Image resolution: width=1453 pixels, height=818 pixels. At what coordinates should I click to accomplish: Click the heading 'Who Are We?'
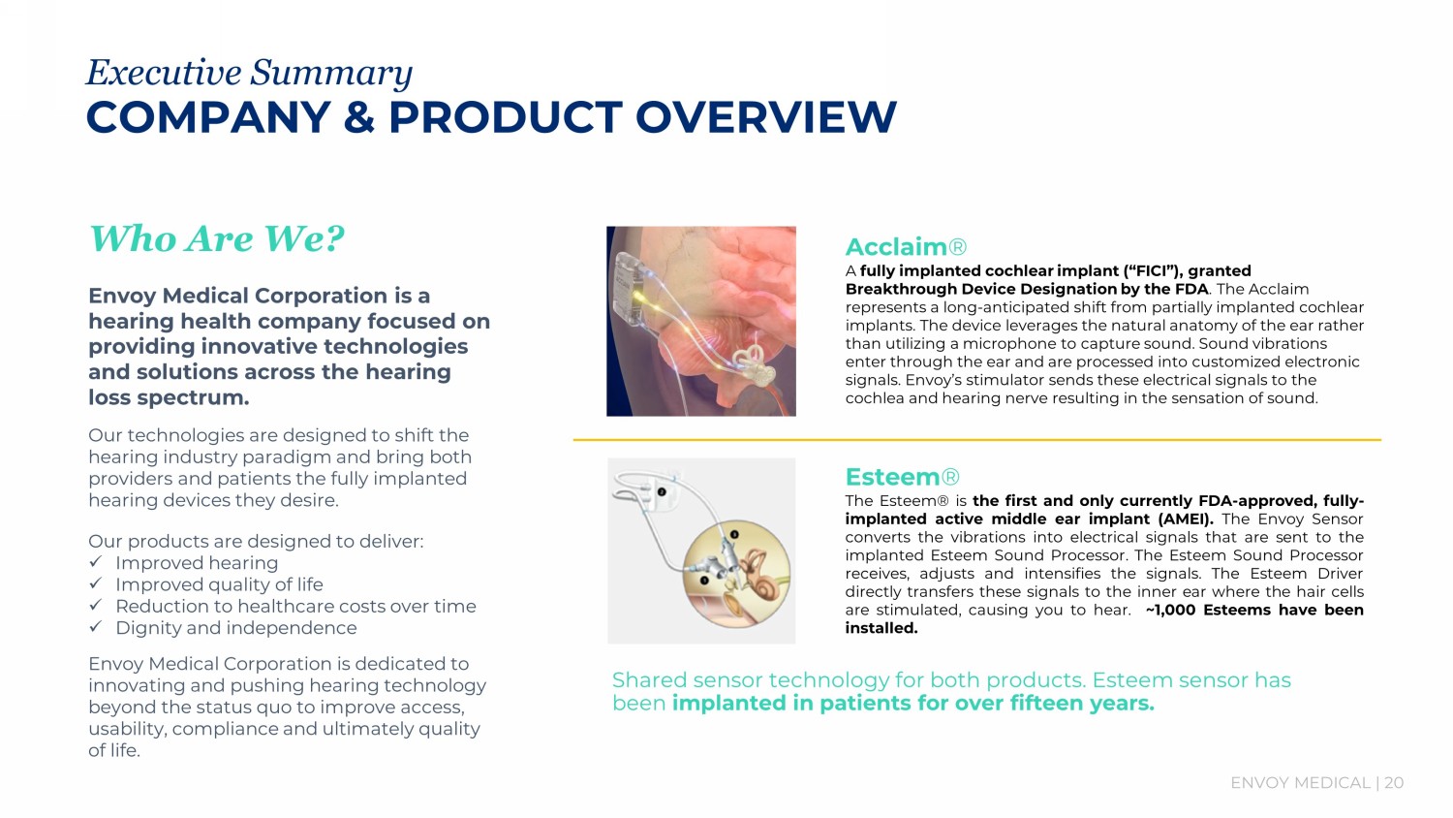tap(217, 238)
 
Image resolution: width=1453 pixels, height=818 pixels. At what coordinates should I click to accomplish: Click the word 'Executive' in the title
tap(164, 72)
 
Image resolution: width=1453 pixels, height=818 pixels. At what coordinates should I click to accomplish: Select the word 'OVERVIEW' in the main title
tap(766, 117)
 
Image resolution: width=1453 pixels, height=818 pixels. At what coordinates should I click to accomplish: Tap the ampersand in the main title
tap(358, 117)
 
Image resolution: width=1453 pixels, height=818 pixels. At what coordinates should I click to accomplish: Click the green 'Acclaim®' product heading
tap(906, 247)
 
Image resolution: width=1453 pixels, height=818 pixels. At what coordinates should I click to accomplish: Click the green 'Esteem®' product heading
tap(902, 477)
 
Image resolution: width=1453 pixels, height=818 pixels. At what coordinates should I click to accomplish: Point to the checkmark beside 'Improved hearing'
tap(96, 561)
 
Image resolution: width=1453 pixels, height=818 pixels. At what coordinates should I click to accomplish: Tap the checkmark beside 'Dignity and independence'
tap(96, 626)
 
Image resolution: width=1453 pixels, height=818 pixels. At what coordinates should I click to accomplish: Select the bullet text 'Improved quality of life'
tap(219, 584)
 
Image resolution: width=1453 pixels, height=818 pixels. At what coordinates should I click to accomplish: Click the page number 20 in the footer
tap(1394, 783)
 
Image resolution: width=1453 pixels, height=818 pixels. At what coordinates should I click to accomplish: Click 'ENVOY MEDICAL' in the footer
tap(1300, 783)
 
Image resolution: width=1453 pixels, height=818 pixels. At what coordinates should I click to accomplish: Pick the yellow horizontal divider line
tap(976, 440)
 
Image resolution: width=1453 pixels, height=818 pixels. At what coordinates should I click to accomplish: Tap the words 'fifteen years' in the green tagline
tap(1081, 703)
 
